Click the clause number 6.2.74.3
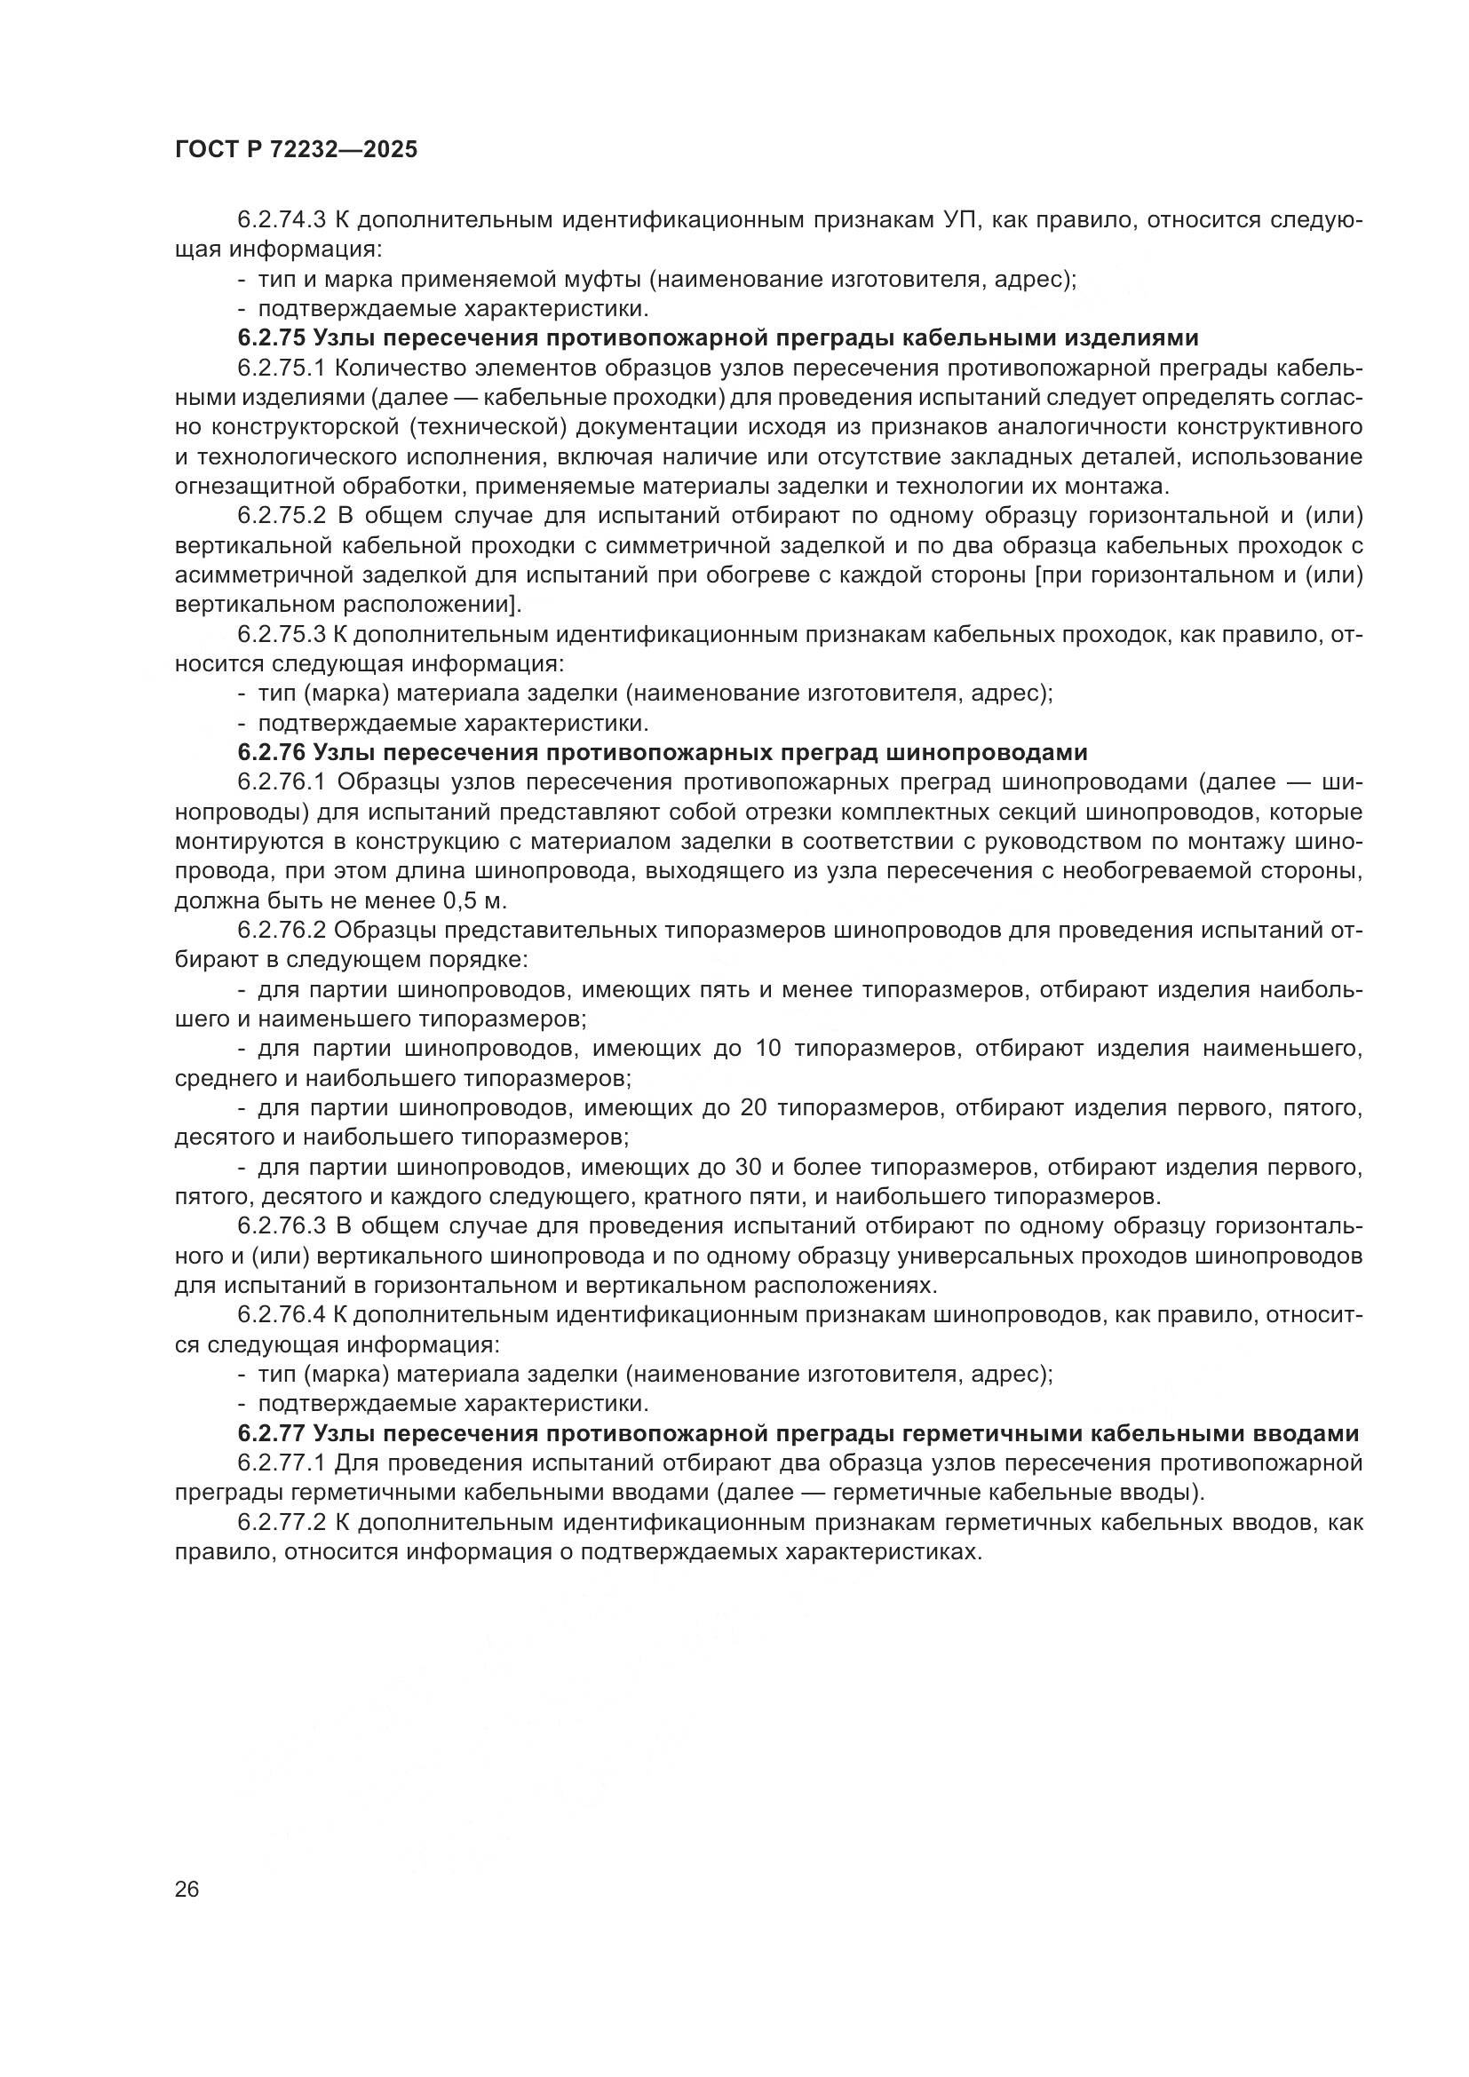pyautogui.click(x=282, y=221)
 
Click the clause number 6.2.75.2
pyautogui.click(x=282, y=517)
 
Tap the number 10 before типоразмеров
pyautogui.click(x=767, y=1050)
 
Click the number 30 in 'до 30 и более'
pyautogui.click(x=748, y=1168)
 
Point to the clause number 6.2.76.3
pyautogui.click(x=282, y=1226)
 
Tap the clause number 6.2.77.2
pyautogui.click(x=282, y=1523)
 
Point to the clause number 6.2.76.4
pyautogui.click(x=282, y=1315)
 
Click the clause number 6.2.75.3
pyautogui.click(x=282, y=635)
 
